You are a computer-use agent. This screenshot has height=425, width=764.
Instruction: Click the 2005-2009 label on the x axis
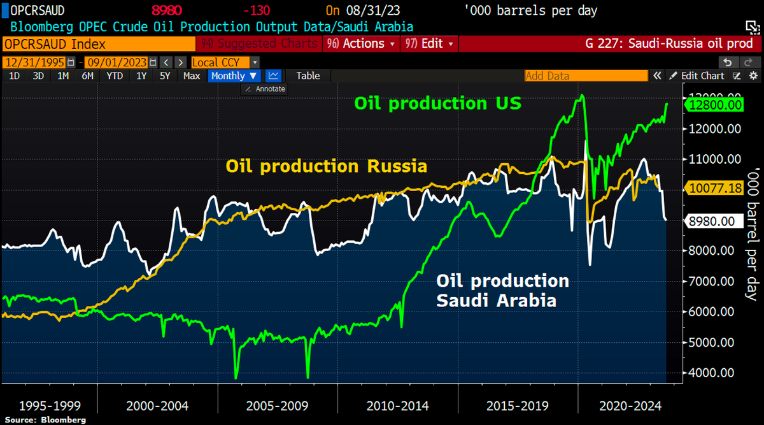(x=278, y=405)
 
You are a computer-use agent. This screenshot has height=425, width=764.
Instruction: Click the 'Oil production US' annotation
(x=437, y=103)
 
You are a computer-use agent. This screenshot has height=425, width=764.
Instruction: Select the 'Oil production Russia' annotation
(x=326, y=166)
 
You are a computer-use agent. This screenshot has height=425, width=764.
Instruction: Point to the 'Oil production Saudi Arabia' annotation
(x=502, y=290)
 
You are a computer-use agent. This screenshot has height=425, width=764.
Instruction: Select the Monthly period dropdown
(x=234, y=75)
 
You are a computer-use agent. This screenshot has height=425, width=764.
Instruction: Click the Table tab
(x=308, y=75)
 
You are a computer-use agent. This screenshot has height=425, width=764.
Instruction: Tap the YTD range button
(x=115, y=75)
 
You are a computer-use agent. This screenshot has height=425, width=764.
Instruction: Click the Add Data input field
(x=584, y=75)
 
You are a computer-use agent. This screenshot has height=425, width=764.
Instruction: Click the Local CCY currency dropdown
(x=225, y=62)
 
